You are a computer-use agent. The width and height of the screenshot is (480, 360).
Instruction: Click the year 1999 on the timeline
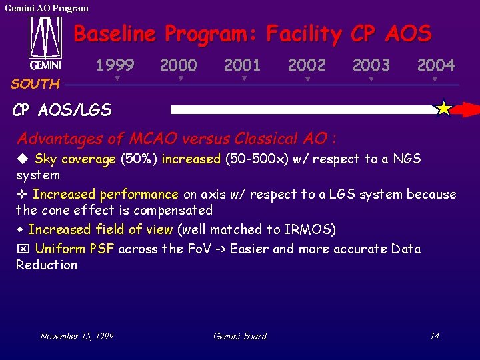pyautogui.click(x=115, y=65)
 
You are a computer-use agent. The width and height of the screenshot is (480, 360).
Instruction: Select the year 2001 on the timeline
pyautogui.click(x=242, y=65)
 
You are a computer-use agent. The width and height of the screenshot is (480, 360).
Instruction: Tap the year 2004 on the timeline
pyautogui.click(x=435, y=65)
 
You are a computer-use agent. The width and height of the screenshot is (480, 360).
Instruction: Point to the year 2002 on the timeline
pyautogui.click(x=307, y=65)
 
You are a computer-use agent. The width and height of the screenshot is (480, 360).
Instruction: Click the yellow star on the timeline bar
pyautogui.click(x=443, y=108)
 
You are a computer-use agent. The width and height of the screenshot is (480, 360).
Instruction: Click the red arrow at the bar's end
pyautogui.click(x=469, y=109)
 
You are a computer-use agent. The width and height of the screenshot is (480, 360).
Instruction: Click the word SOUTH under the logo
pyautogui.click(x=35, y=84)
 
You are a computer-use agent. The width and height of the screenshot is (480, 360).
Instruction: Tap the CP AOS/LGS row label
pyautogui.click(x=62, y=110)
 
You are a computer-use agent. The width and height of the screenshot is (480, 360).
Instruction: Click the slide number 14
pyautogui.click(x=434, y=336)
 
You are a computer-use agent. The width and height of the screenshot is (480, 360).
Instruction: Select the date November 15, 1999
pyautogui.click(x=77, y=336)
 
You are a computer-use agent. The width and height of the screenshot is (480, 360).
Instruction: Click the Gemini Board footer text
pyautogui.click(x=240, y=336)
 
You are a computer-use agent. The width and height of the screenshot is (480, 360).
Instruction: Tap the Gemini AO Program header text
pyautogui.click(x=47, y=8)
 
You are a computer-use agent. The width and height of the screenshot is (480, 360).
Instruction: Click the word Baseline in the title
pyautogui.click(x=115, y=33)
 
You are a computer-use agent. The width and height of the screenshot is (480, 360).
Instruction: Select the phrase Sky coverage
pyautogui.click(x=75, y=159)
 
